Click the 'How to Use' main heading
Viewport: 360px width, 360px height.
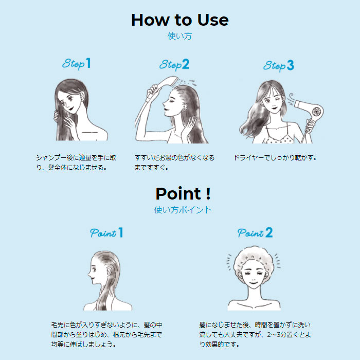coord(180,20)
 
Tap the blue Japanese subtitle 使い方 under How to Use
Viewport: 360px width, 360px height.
coord(179,36)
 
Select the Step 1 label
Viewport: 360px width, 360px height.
coord(77,64)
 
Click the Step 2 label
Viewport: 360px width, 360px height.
coord(174,64)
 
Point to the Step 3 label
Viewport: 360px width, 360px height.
coord(279,66)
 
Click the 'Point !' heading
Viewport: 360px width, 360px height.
coord(183,193)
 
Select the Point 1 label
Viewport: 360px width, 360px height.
coord(106,232)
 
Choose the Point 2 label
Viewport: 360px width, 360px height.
coord(255,232)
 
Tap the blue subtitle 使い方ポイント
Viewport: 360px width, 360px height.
coord(183,210)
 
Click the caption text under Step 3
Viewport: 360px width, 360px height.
coord(275,158)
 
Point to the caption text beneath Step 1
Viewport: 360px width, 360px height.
coord(76,163)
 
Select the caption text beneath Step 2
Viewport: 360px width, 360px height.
coord(174,163)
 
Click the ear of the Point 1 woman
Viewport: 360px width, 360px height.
coord(109,273)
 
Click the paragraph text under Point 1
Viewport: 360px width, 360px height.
coord(106,334)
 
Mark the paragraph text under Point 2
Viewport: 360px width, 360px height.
coord(255,334)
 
